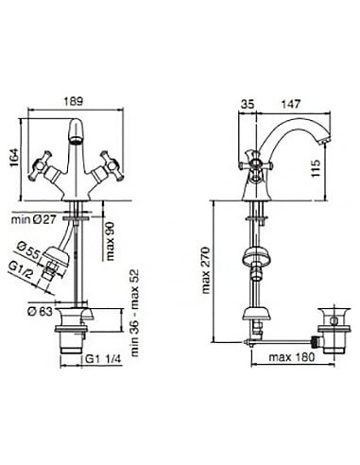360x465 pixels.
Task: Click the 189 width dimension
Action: point(74,101)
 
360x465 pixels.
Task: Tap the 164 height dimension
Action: point(15,158)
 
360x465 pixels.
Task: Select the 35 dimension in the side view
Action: point(248,104)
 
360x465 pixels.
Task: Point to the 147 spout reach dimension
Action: point(291,104)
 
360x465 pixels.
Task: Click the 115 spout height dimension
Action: point(316,168)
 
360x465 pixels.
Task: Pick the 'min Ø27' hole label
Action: point(34,219)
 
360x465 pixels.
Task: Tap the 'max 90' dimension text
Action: point(111,240)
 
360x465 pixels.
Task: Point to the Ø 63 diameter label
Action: point(40,312)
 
